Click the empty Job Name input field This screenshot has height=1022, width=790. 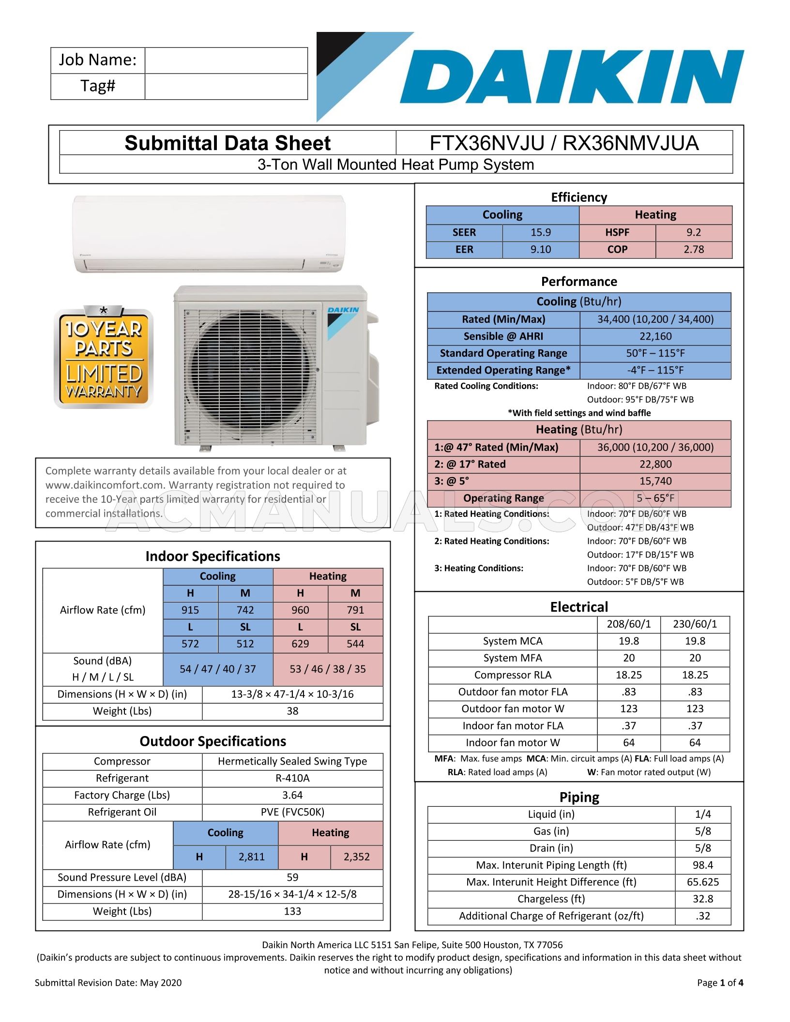point(226,60)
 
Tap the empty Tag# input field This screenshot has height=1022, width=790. point(226,87)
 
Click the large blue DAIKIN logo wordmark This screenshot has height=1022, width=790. point(571,77)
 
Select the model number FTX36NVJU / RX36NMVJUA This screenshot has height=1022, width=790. point(564,143)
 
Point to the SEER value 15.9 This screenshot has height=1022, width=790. point(541,232)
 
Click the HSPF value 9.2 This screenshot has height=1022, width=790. point(694,232)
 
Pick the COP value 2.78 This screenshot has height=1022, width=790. point(694,249)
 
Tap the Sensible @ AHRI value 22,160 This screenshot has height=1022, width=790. point(655,336)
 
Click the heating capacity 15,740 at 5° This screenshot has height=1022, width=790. point(655,481)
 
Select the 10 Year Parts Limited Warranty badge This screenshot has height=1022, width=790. point(104,358)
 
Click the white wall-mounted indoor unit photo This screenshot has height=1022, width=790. point(209,233)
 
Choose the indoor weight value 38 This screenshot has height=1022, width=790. point(292,711)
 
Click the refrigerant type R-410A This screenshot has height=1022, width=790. point(292,778)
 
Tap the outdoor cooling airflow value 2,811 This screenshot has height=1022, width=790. point(252,857)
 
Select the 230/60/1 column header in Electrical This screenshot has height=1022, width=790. point(695,624)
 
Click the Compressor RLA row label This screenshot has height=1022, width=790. point(513,675)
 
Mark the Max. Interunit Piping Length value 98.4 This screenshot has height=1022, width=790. point(703,865)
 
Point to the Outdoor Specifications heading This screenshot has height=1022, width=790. point(213,741)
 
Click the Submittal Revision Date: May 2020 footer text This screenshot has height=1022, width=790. point(108,982)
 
